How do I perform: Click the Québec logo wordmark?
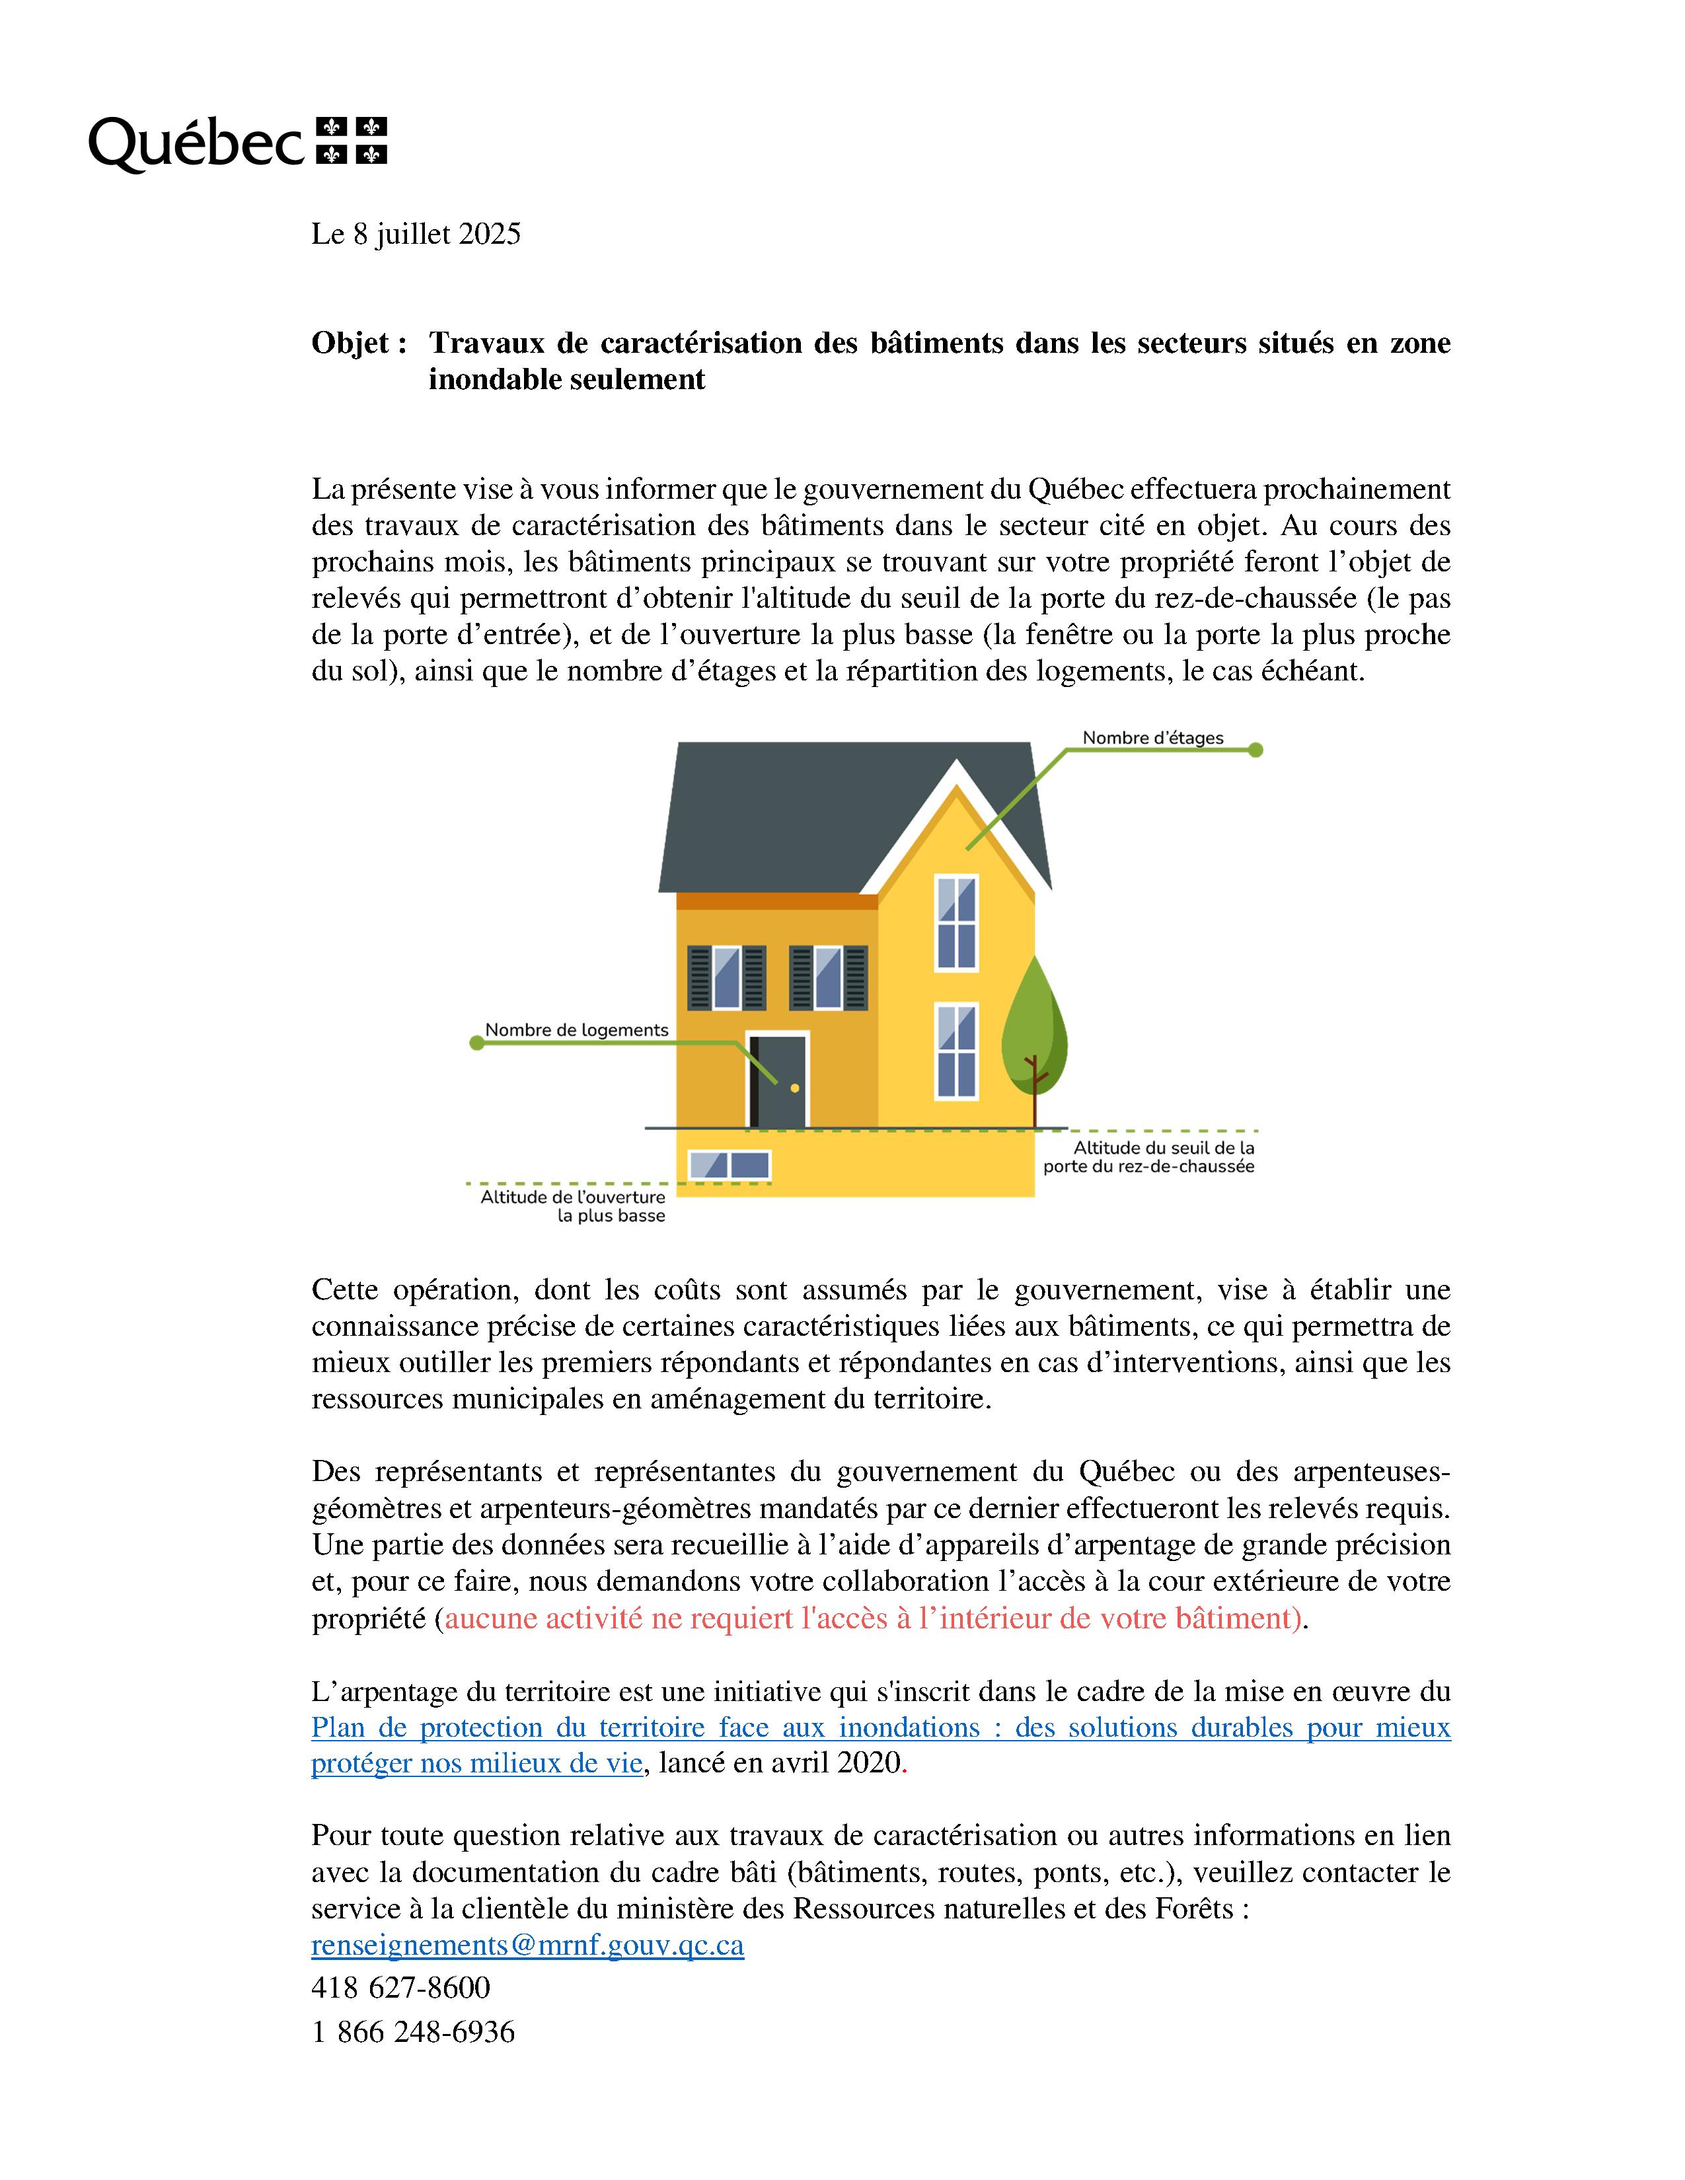[196, 143]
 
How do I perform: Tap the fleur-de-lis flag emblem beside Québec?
[352, 140]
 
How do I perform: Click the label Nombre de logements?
[576, 1029]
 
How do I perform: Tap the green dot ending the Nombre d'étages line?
[1255, 750]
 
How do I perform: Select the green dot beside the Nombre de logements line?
[477, 1043]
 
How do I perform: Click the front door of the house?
[778, 1080]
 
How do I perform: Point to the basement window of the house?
[730, 1165]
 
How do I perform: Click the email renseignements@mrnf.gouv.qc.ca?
[527, 1945]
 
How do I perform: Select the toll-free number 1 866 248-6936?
[412, 2031]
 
